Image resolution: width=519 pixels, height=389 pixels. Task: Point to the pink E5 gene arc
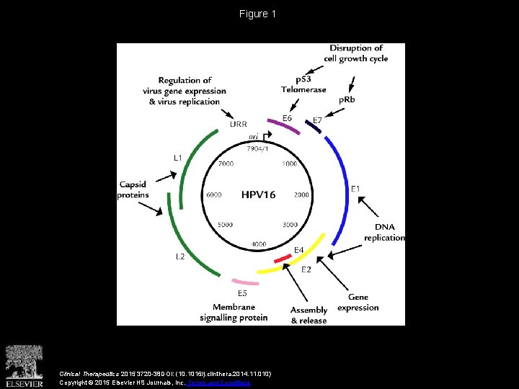coord(245,282)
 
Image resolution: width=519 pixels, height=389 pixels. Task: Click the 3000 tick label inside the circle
coord(290,225)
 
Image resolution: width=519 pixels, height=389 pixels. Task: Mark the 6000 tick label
coord(213,195)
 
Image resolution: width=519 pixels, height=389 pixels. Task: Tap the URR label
coord(238,124)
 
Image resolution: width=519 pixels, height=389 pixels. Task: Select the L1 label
coord(178,157)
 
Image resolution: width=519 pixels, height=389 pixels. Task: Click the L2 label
coord(180,256)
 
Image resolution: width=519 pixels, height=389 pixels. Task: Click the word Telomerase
coord(303,90)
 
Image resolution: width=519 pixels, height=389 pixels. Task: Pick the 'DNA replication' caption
coord(384,233)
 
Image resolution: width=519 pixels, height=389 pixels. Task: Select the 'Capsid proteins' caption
coord(133,189)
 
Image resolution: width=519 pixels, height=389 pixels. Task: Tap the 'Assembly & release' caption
coord(309,316)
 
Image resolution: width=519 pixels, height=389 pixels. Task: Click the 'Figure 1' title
coord(258,14)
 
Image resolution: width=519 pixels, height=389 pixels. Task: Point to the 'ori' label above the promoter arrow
coord(254,135)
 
